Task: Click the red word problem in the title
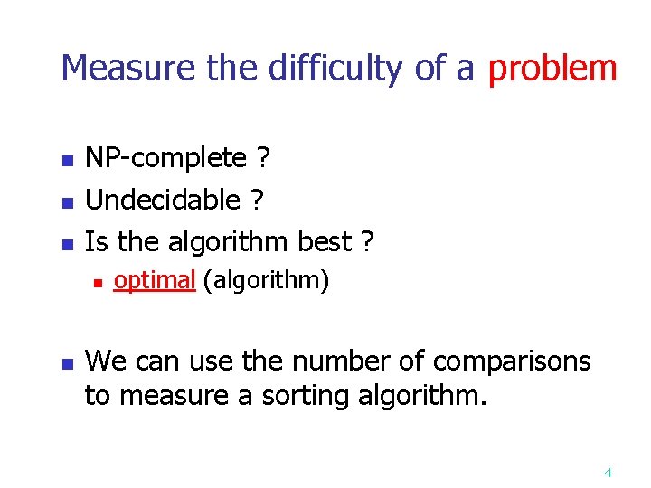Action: [552, 69]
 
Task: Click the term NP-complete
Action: [165, 159]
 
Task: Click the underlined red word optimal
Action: [155, 281]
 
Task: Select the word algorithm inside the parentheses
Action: [266, 281]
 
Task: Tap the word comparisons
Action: [512, 361]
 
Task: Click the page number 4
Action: [608, 472]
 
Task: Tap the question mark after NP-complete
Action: [262, 159]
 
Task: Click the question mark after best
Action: [367, 241]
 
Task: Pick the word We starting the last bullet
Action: [106, 361]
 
